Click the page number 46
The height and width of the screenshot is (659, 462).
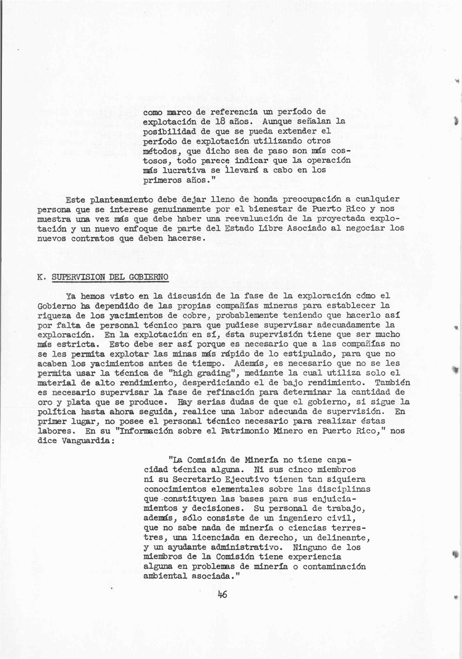tap(222, 594)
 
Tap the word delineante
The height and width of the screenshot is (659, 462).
tap(344, 537)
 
